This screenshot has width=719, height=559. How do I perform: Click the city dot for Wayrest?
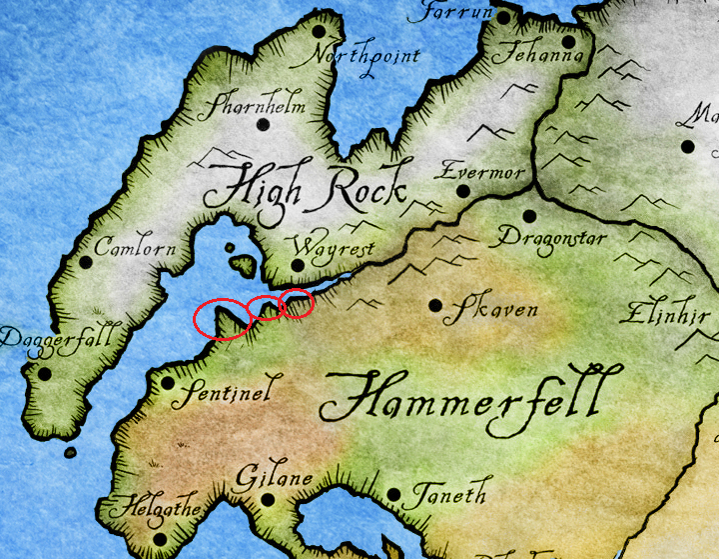point(297,265)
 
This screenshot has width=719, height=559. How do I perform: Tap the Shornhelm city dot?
point(264,125)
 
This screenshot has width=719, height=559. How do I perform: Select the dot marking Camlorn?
point(86,263)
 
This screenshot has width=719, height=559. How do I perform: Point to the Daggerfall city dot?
point(44,374)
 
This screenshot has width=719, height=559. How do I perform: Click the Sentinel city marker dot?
point(167,382)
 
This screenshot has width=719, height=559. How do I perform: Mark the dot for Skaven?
point(434,305)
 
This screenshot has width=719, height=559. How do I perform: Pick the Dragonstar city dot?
point(528,215)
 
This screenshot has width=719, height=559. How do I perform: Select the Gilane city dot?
point(268,499)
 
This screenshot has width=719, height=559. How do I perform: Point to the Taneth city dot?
point(394,495)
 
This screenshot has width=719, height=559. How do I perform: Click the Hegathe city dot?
point(160,540)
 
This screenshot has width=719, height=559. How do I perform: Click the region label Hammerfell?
point(464,398)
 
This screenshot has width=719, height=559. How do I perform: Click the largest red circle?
point(223,319)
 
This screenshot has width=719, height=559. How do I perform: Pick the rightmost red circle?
point(298,302)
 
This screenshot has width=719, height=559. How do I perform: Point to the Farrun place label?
point(455,13)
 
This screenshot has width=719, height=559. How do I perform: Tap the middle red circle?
point(265,308)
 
